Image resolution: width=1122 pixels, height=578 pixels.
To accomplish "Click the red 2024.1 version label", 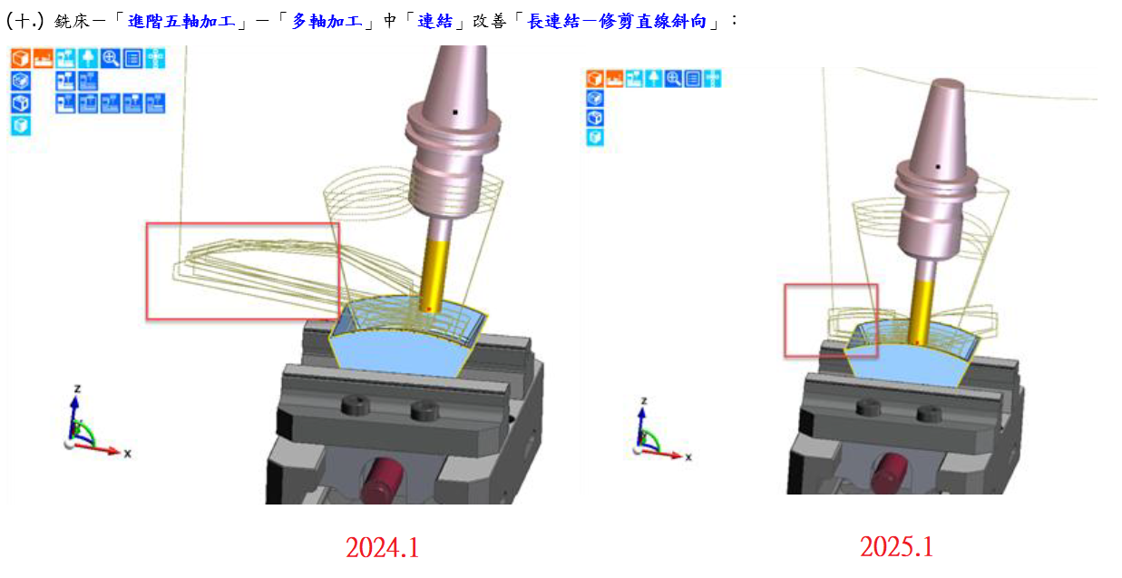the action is [382, 547].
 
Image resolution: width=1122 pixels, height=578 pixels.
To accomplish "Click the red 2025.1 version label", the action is [896, 546].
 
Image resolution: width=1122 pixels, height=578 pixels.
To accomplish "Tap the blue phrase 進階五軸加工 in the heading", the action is [181, 21].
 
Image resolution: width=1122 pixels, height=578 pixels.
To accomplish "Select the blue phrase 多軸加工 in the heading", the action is [327, 21].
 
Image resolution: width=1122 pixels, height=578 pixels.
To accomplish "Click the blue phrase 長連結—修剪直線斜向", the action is [617, 21].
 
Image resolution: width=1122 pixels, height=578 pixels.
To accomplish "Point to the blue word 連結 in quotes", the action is [435, 21].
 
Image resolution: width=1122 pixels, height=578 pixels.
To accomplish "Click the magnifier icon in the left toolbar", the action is [110, 59].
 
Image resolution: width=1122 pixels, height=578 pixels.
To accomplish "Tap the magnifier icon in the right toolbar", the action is [673, 79].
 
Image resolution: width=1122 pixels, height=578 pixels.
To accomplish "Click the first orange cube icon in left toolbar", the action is [21, 59].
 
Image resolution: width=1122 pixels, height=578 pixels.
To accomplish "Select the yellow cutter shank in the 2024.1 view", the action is [433, 275].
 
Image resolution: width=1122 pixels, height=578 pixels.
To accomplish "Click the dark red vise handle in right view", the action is [889, 473].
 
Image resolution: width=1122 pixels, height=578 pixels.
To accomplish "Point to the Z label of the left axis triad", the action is [77, 388].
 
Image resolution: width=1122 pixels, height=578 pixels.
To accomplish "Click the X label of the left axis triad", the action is [128, 454].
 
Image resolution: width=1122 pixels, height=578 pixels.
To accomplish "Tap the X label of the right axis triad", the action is [688, 457].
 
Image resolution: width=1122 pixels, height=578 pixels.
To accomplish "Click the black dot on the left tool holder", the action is [454, 113].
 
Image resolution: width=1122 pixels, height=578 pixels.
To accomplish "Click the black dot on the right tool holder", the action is [938, 167].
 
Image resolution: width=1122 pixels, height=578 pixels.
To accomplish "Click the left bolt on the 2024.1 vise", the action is [356, 404].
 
